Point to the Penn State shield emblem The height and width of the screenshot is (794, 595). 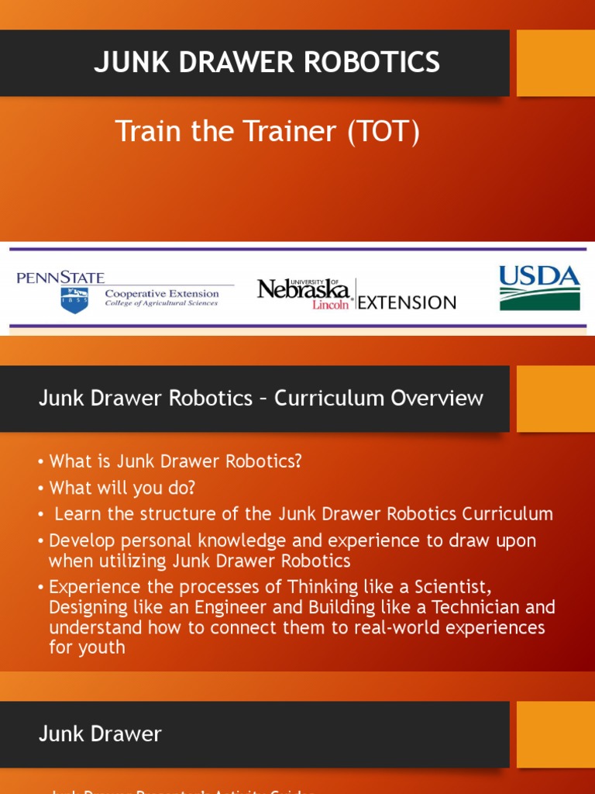click(74, 299)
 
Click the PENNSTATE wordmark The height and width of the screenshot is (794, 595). click(60, 278)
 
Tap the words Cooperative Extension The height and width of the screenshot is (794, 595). click(161, 294)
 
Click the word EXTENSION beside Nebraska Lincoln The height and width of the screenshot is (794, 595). click(407, 302)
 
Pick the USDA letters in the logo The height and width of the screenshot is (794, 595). click(539, 276)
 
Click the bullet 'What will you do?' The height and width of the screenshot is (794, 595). click(122, 488)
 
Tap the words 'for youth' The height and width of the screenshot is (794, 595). click(87, 646)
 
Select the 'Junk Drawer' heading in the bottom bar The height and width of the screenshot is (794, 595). click(100, 734)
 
